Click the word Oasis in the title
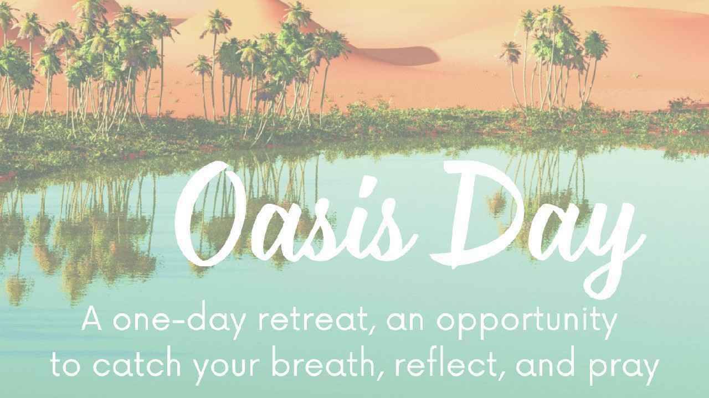[x=296, y=215]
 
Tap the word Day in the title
[x=538, y=228]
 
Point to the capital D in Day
[x=477, y=215]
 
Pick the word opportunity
[x=527, y=322]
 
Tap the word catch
[x=137, y=365]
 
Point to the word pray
[x=624, y=369]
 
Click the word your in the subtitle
[x=227, y=369]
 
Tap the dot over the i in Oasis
[x=371, y=182]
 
